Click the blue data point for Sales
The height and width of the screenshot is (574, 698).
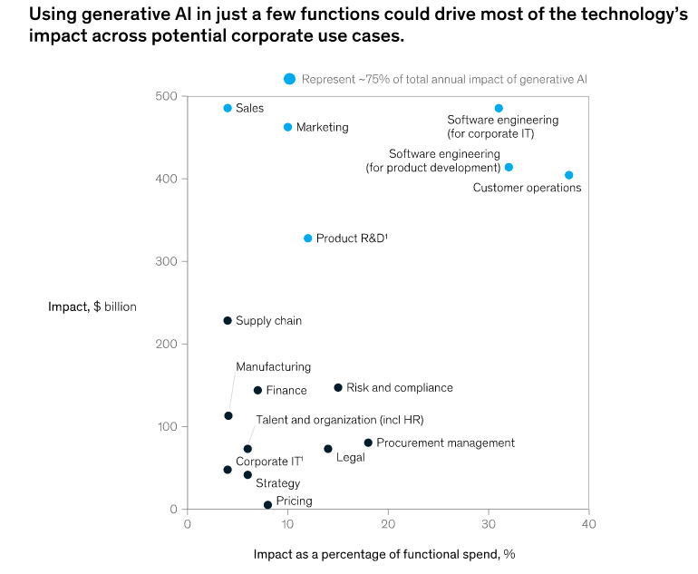pyautogui.click(x=228, y=108)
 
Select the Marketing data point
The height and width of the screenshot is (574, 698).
pyautogui.click(x=288, y=127)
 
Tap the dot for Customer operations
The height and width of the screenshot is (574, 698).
pyautogui.click(x=568, y=175)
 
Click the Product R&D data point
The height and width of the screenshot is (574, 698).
pyautogui.click(x=308, y=238)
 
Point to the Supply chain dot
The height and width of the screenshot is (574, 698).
pyautogui.click(x=228, y=320)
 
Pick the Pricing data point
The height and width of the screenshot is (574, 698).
pyautogui.click(x=267, y=505)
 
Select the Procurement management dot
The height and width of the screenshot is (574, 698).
pyautogui.click(x=368, y=443)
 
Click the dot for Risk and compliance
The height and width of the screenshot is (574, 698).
pyautogui.click(x=338, y=387)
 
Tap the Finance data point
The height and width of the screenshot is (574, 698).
pyautogui.click(x=257, y=390)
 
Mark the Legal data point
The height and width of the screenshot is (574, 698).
pyautogui.click(x=328, y=449)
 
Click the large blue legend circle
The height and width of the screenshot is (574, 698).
pyautogui.click(x=289, y=79)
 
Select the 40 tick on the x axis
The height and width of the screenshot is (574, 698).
pyautogui.click(x=588, y=523)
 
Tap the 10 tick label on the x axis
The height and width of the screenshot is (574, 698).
pyautogui.click(x=287, y=523)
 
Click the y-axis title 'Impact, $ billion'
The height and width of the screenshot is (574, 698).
pyautogui.click(x=92, y=306)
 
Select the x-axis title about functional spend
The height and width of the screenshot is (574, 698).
pyautogui.click(x=384, y=553)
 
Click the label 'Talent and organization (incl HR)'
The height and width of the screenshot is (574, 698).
pyautogui.click(x=339, y=420)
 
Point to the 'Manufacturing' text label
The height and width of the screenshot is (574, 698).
pyautogui.click(x=273, y=367)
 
